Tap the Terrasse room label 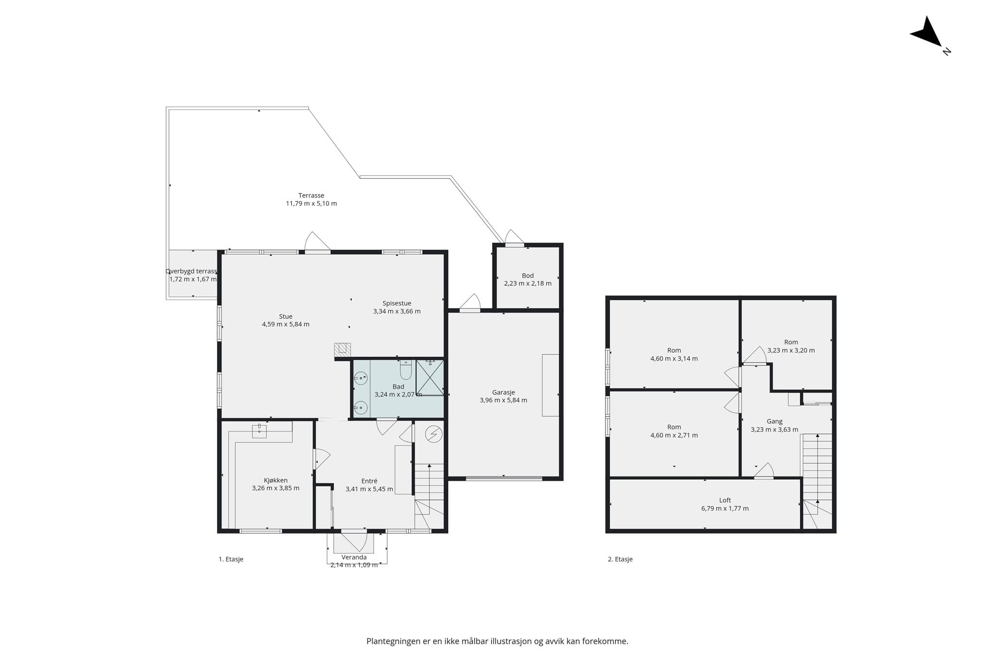(311, 195)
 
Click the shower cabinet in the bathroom (429, 377)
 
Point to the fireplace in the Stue (343, 349)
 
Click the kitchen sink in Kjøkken (259, 431)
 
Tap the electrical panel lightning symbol (433, 434)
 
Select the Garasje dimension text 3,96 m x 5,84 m (503, 401)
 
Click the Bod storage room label (528, 276)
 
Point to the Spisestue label (396, 303)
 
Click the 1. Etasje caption (231, 559)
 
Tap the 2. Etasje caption (620, 559)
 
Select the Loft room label (725, 500)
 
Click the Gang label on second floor (774, 421)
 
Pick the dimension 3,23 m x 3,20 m (791, 350)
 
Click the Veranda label (354, 557)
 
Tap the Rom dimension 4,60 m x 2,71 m (674, 436)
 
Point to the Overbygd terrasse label (191, 271)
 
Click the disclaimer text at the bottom (497, 641)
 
